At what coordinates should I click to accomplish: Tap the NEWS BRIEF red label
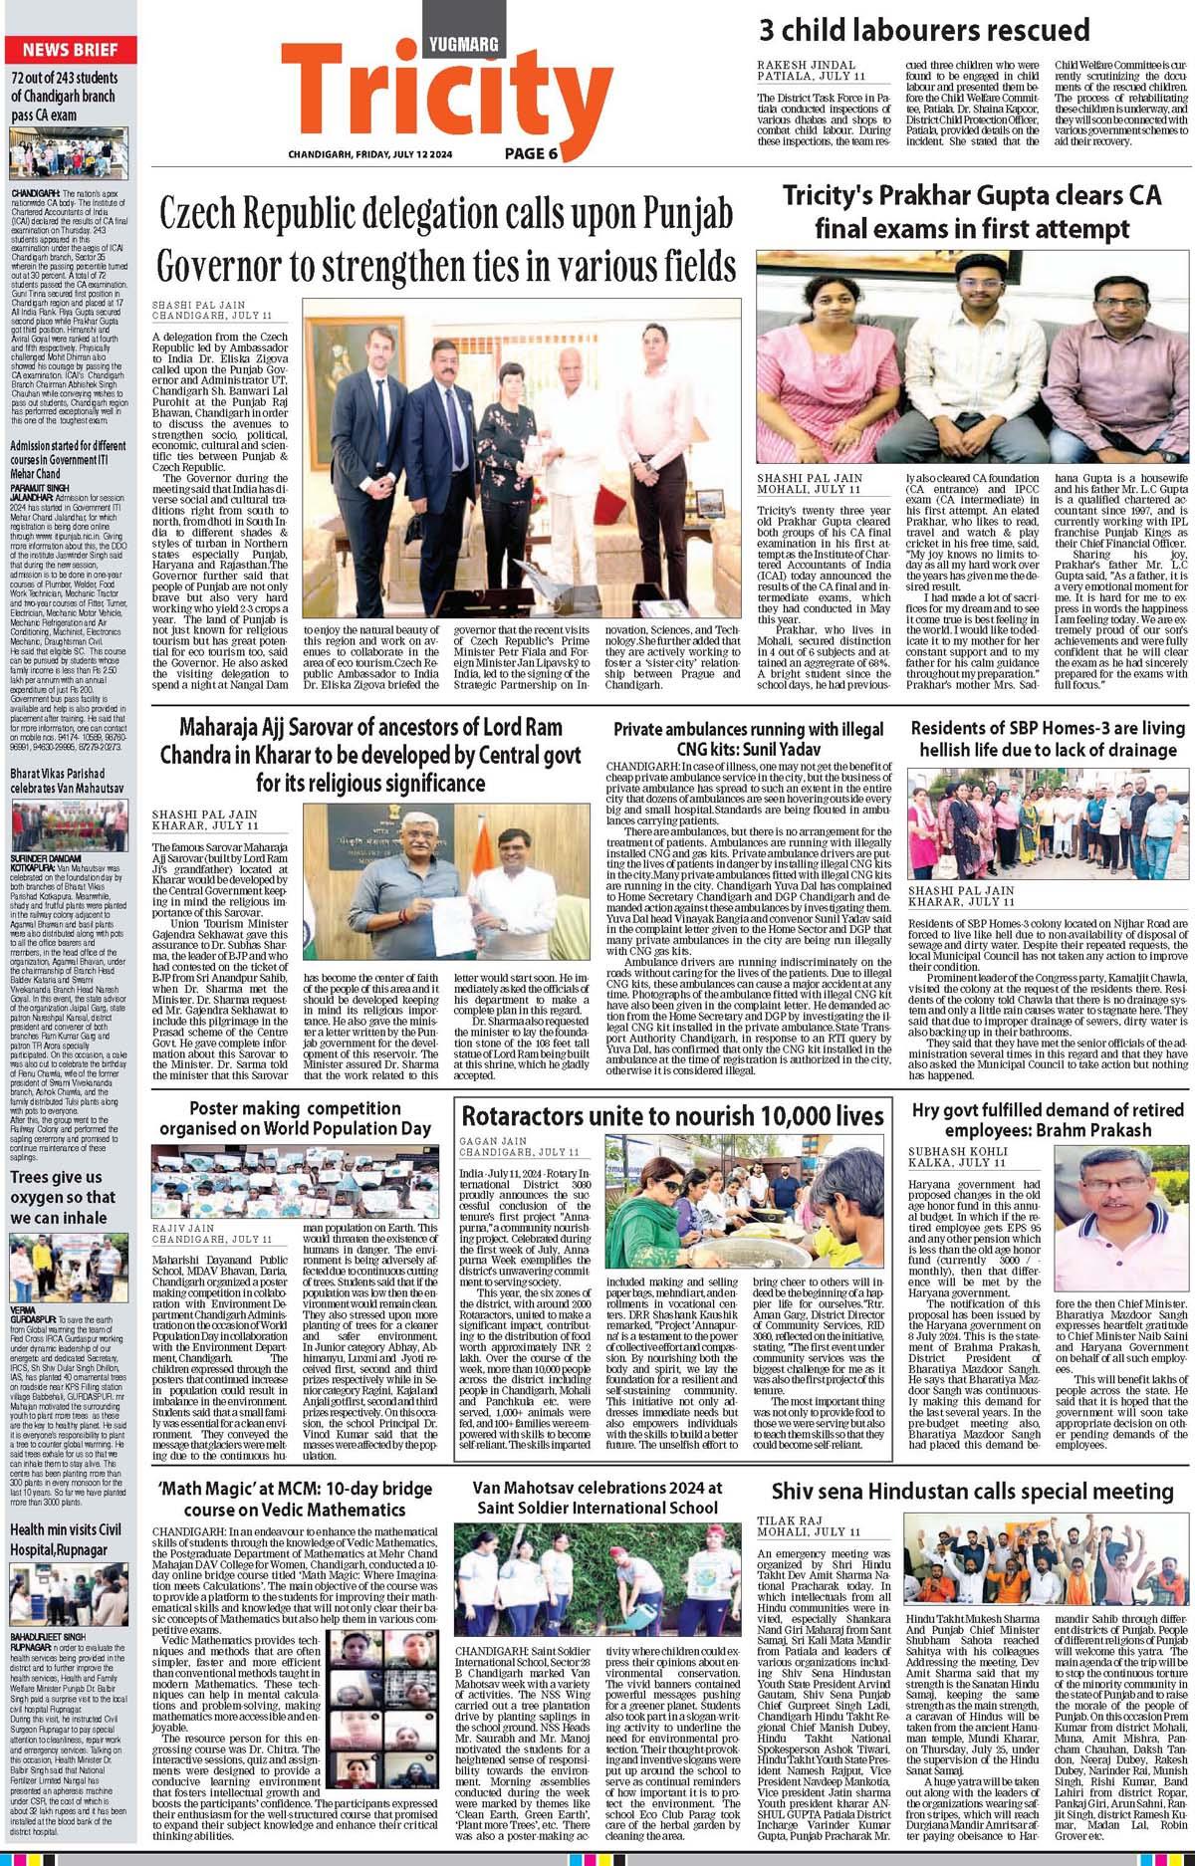[x=71, y=50]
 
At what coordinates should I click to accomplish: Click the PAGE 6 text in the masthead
[x=531, y=153]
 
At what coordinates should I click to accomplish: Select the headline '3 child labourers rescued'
[x=924, y=31]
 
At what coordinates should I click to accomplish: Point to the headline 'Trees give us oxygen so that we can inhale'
[x=64, y=1197]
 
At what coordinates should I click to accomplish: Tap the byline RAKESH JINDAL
[x=799, y=64]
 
